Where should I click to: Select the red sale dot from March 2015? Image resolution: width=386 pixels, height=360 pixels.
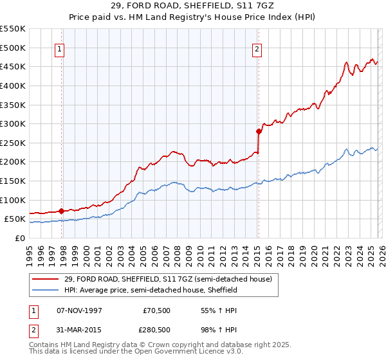click(x=259, y=131)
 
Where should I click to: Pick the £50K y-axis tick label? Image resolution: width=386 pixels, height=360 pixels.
click(x=15, y=219)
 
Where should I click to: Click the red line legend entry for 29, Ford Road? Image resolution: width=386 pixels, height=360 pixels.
click(x=168, y=280)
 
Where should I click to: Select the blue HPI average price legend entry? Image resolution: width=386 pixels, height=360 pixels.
click(x=150, y=290)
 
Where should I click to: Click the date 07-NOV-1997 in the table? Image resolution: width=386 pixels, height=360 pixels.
click(x=79, y=310)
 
